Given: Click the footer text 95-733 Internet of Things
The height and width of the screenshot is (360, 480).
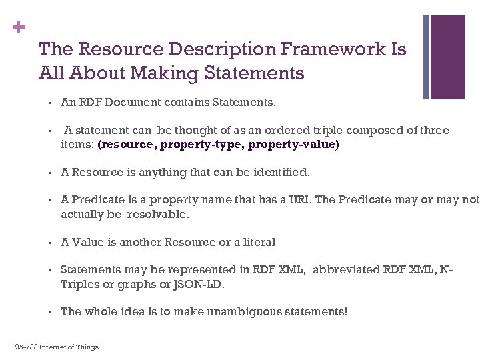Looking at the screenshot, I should (57, 347).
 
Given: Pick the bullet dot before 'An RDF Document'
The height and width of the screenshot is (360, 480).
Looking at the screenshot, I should (50, 103).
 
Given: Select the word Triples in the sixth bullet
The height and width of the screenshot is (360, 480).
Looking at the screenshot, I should (79, 285).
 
